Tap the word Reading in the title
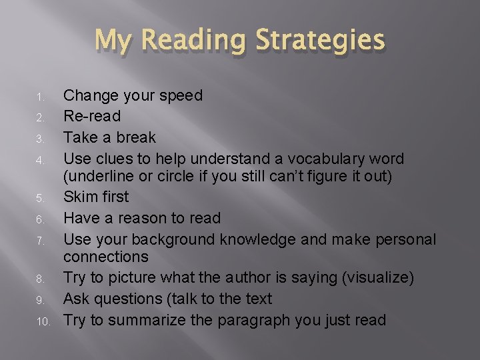(195, 40)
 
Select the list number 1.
(39, 97)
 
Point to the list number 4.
(39, 161)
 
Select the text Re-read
(92, 117)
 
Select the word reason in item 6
(154, 219)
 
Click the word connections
(106, 257)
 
